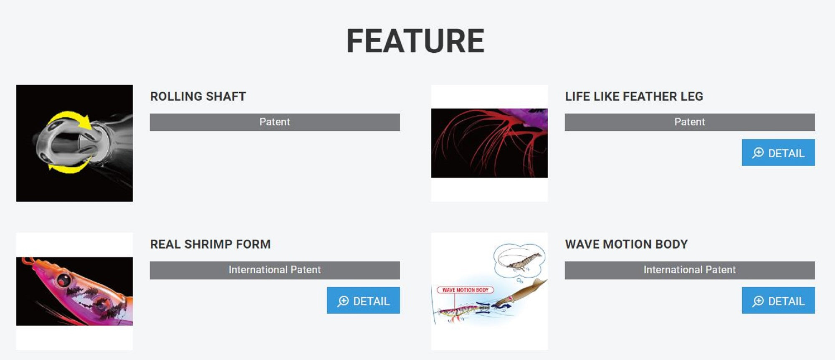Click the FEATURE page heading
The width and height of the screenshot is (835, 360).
(x=415, y=41)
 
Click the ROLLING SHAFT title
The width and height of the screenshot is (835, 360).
(x=198, y=96)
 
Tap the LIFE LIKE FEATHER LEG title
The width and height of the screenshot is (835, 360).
(x=634, y=96)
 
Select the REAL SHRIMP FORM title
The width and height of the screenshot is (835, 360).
(x=210, y=244)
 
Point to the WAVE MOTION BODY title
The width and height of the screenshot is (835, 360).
(x=626, y=244)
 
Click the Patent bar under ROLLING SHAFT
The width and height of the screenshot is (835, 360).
(x=275, y=122)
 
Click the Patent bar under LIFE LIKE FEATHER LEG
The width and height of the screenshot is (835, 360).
(x=690, y=122)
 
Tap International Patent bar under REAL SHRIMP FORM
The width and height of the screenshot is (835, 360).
(x=275, y=270)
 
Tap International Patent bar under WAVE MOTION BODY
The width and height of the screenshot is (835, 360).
(x=690, y=270)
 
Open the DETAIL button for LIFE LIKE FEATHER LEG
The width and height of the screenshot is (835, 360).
(x=778, y=152)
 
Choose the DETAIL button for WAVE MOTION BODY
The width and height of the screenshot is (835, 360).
(x=778, y=300)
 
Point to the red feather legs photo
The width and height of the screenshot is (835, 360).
(x=489, y=143)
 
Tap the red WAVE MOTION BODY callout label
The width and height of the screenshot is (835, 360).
(x=465, y=290)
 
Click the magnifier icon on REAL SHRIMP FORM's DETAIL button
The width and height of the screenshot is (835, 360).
(x=343, y=301)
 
